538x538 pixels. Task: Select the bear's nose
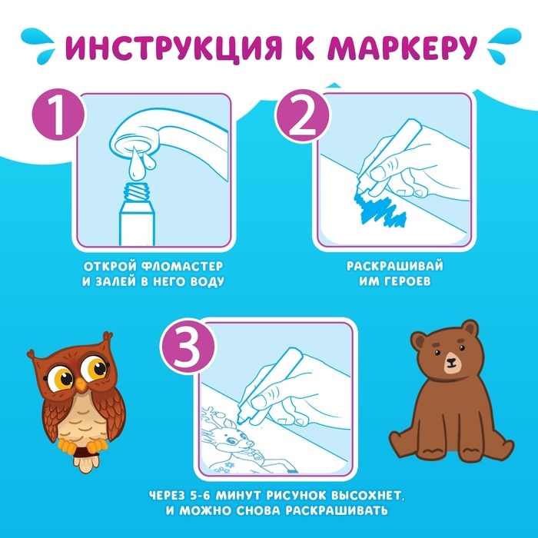tap(450, 363)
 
